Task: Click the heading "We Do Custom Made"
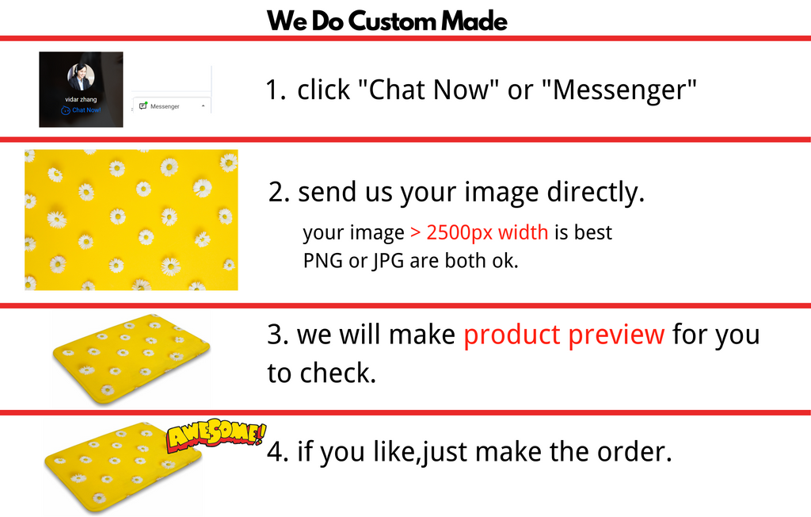(386, 21)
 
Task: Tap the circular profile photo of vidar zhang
(81, 77)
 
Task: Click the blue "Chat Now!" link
(82, 110)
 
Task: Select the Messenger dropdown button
(172, 105)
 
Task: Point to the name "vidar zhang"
(81, 99)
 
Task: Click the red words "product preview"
(564, 335)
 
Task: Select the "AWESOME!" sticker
(215, 435)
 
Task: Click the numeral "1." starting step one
(276, 90)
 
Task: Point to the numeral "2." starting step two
(279, 192)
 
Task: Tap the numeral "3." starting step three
(278, 335)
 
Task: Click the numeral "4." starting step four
(278, 452)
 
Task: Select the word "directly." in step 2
(596, 192)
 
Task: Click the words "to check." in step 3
(322, 373)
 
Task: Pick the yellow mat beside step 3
(131, 358)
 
